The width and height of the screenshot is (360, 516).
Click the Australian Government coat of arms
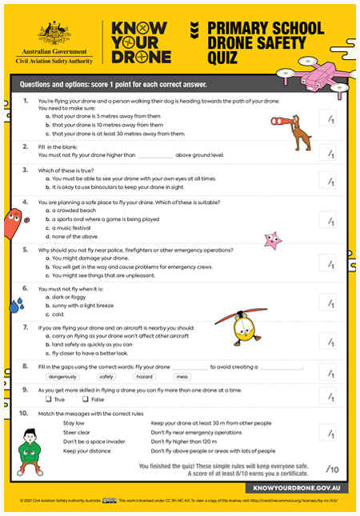coord(55,33)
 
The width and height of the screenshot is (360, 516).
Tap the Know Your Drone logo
coord(142,42)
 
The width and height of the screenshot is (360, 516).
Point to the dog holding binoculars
coord(298,130)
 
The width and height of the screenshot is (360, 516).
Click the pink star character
coord(273,239)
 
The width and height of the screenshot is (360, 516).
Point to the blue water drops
coord(17,305)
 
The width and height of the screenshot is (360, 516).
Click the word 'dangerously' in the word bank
coord(63,375)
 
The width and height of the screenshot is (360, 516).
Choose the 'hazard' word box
coord(144,375)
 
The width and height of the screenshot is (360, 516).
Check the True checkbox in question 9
coord(50,399)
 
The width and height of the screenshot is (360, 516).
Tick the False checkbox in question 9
coord(85,399)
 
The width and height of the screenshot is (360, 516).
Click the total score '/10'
coord(333,469)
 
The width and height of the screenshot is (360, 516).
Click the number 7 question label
coord(26,326)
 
